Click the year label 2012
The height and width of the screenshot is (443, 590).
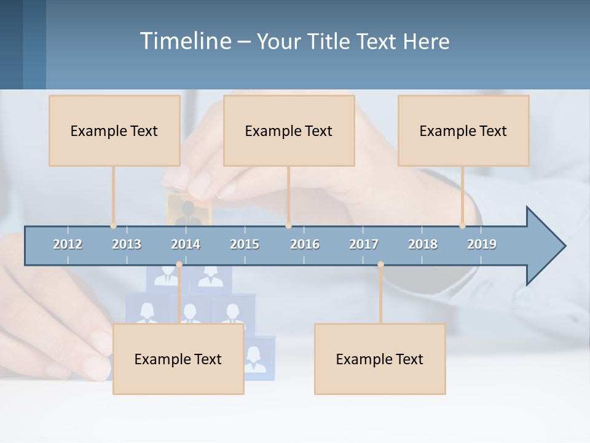click(x=68, y=244)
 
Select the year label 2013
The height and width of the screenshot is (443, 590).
click(x=127, y=244)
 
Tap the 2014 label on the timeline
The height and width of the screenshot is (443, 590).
click(x=186, y=244)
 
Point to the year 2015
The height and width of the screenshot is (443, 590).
click(x=245, y=244)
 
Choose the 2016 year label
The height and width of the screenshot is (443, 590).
click(x=305, y=244)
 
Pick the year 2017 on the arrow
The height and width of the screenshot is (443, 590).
click(x=364, y=244)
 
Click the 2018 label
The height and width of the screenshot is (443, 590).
click(x=423, y=244)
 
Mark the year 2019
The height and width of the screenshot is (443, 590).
click(x=482, y=244)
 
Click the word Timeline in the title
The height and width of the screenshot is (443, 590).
click(x=184, y=41)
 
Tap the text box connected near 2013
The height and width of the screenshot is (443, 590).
click(x=114, y=130)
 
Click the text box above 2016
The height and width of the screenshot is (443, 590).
click(x=289, y=130)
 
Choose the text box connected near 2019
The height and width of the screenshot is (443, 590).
click(x=463, y=130)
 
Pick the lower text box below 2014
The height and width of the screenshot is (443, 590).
click(x=178, y=359)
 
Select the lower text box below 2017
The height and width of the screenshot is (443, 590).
click(x=380, y=359)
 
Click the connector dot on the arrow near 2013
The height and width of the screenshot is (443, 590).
click(x=113, y=226)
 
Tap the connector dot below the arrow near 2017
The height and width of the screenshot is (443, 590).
click(x=380, y=265)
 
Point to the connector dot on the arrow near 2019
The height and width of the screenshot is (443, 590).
click(x=462, y=226)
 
